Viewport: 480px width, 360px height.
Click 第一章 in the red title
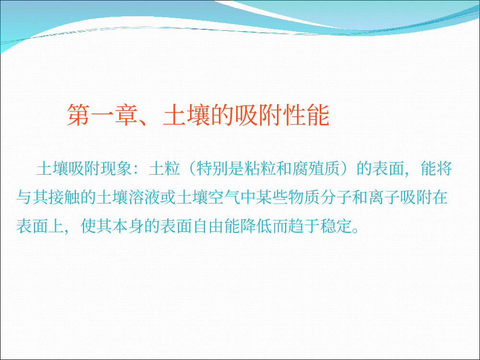click(x=103, y=115)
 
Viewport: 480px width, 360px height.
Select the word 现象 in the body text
click(x=116, y=168)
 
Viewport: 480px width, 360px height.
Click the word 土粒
click(x=164, y=168)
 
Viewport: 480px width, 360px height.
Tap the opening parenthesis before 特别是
click(x=192, y=168)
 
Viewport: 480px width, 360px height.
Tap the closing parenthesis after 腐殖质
click(x=345, y=168)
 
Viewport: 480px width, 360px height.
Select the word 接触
click(x=64, y=197)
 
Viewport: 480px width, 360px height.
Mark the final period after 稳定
click(x=355, y=230)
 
